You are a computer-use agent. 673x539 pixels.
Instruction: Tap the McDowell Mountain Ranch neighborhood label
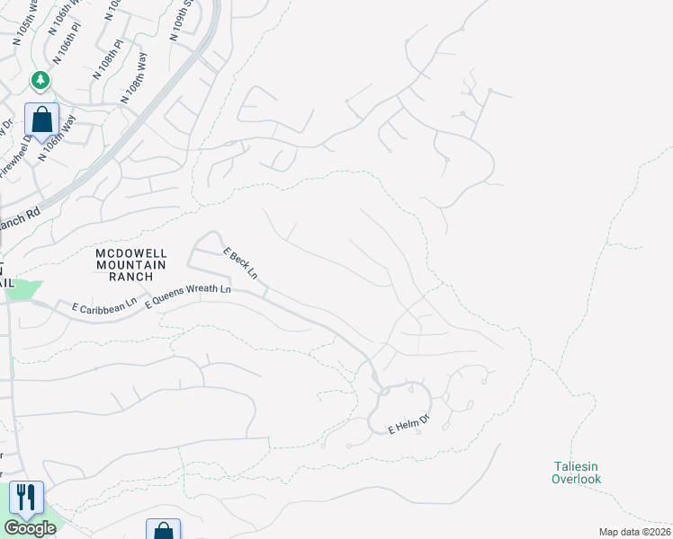131,265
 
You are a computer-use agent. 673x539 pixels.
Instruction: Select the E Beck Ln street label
241,263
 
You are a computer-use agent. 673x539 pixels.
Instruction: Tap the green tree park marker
40,81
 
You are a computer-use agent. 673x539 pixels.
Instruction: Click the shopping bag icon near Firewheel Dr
41,119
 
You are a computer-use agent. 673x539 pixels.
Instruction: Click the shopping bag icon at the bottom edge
163,531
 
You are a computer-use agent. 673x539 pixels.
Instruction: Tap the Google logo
29,528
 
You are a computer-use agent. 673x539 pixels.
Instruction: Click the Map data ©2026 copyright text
634,532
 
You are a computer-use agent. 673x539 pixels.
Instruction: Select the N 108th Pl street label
106,66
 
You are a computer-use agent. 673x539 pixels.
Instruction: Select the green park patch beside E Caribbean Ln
23,289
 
